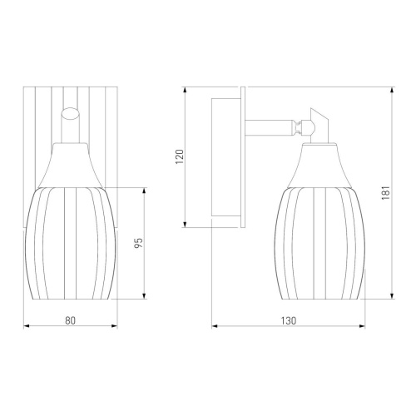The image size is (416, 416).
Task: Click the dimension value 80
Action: (x=70, y=320)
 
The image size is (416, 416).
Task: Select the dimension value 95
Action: (x=138, y=243)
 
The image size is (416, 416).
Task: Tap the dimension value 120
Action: (x=180, y=156)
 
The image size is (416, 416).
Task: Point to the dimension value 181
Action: (x=386, y=193)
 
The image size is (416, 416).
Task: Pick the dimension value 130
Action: (x=289, y=320)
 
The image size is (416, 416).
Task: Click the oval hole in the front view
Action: (x=71, y=114)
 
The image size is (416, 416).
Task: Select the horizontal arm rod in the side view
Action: (x=268, y=128)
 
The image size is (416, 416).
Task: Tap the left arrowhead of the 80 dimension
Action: (x=27, y=326)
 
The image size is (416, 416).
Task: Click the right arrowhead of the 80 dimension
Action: (x=115, y=326)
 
